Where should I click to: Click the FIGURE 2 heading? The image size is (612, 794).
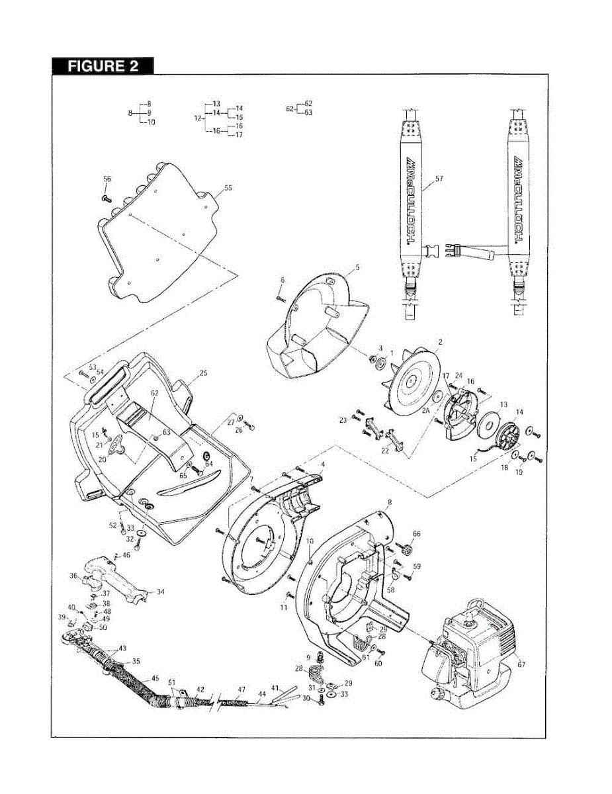tap(103, 66)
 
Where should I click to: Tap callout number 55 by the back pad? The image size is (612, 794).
tap(228, 188)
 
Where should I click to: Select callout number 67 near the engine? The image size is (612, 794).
tap(521, 664)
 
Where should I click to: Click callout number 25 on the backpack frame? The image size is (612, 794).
tap(203, 373)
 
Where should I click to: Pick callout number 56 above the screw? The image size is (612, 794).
tap(107, 179)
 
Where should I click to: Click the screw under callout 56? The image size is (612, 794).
tap(106, 197)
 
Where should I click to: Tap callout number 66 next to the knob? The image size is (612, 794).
tap(416, 533)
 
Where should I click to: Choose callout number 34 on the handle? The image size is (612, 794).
tap(159, 592)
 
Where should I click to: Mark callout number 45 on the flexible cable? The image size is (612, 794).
tap(155, 678)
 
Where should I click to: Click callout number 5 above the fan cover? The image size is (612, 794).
tap(357, 267)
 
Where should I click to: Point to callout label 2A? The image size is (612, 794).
tap(427, 410)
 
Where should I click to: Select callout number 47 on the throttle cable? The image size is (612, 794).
tap(241, 689)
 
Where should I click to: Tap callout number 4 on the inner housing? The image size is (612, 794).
tap(323, 464)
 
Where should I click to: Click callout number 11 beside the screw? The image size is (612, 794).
tap(283, 607)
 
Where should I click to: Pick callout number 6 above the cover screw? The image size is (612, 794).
tap(282, 281)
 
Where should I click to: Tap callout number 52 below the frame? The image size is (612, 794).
tap(112, 525)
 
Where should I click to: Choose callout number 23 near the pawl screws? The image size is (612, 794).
tap(343, 420)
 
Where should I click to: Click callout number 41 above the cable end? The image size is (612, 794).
tap(275, 688)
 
